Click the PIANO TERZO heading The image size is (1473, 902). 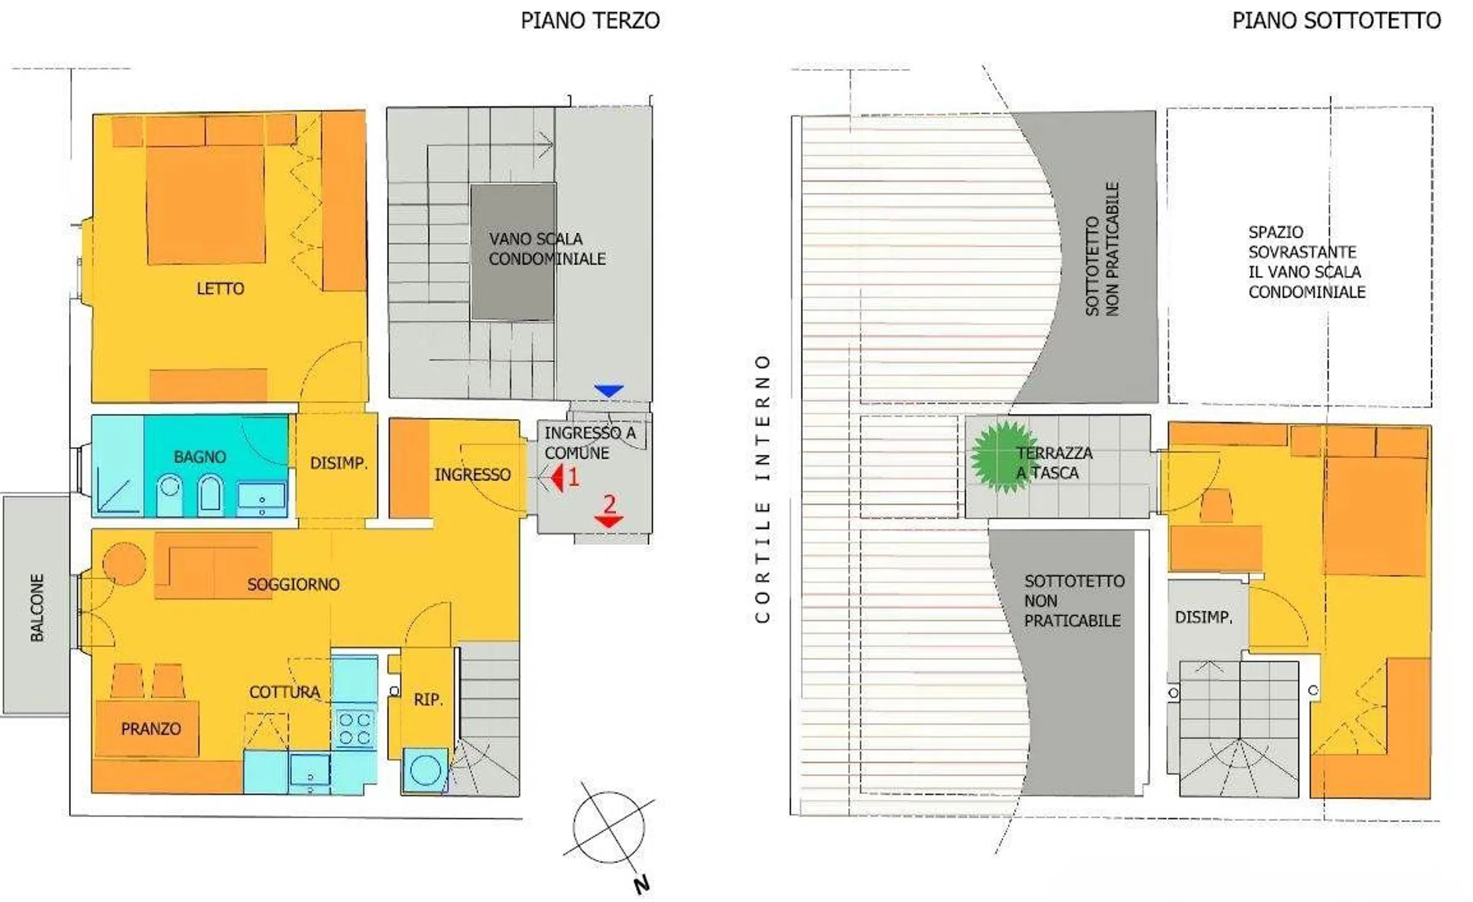coord(590,20)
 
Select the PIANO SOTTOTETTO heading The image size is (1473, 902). coord(1336,20)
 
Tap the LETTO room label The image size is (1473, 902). coord(220,289)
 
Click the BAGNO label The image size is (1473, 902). coord(200,457)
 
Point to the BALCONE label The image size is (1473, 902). coord(37,607)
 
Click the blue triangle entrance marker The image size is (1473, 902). coord(608,391)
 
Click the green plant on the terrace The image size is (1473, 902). coord(1002,456)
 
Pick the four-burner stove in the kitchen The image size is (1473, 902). coord(354,728)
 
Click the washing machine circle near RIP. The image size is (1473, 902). coord(425,770)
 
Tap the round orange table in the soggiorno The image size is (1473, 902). coord(124,564)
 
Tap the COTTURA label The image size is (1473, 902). coord(284,692)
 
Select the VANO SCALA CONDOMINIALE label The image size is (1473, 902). coord(547,249)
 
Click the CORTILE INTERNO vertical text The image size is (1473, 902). coord(762,488)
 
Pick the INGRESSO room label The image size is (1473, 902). coord(473,475)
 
